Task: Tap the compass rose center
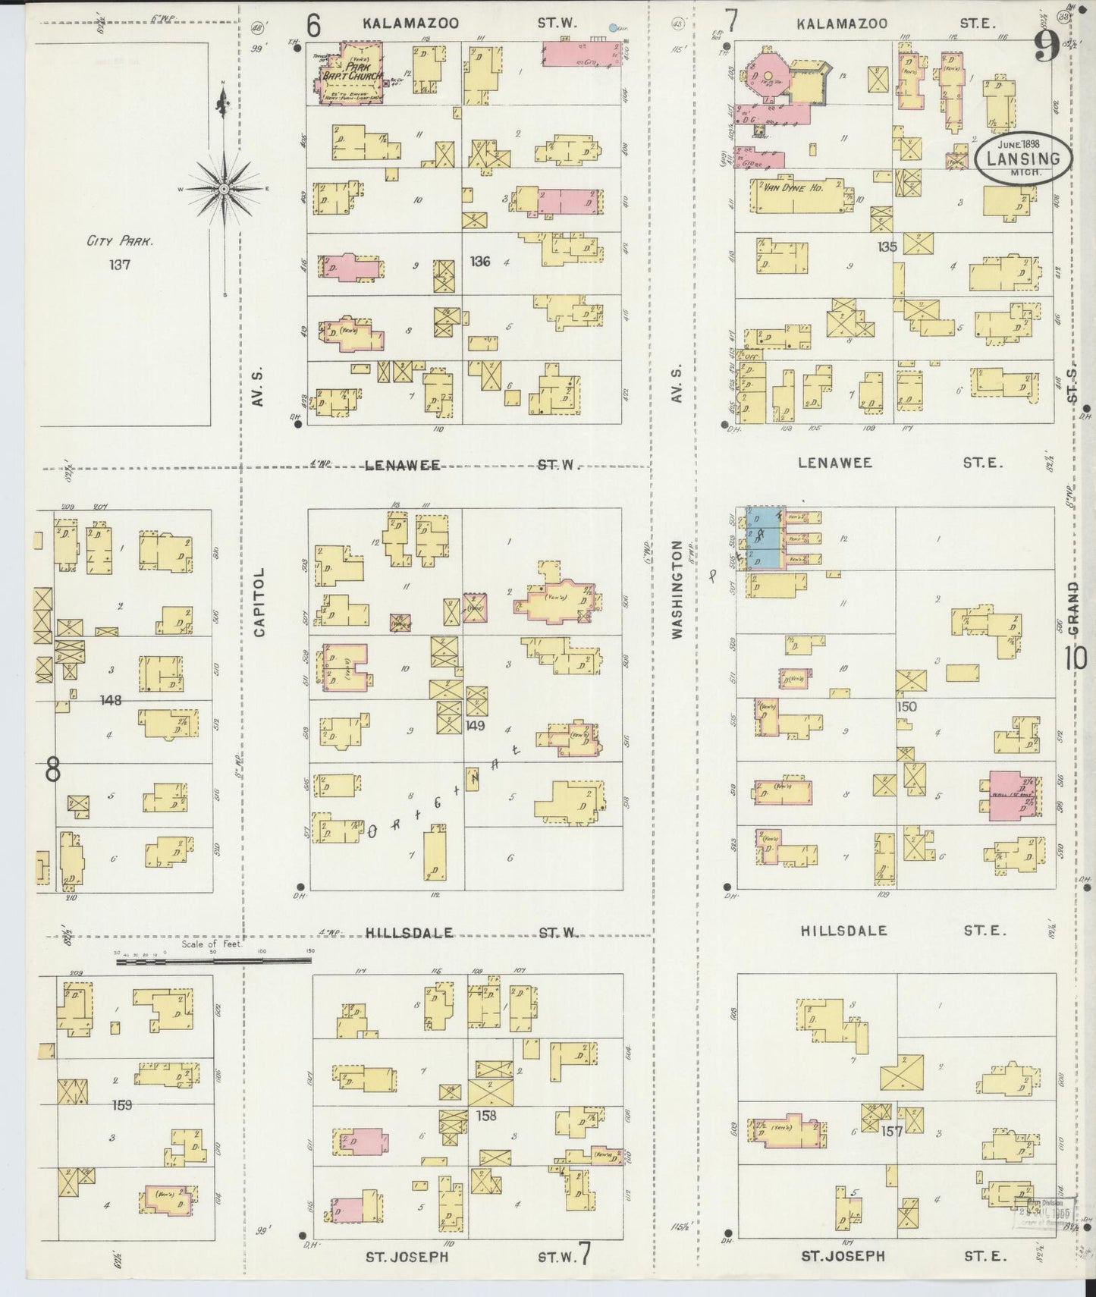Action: tap(225, 187)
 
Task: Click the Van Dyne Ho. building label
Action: tap(789, 187)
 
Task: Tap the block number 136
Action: tap(480, 262)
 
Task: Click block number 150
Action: tap(906, 706)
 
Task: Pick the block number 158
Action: tap(486, 1116)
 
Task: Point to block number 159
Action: tap(121, 1104)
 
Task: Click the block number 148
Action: tap(111, 700)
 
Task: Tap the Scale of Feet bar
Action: tap(214, 961)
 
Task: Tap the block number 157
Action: tap(892, 1132)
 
